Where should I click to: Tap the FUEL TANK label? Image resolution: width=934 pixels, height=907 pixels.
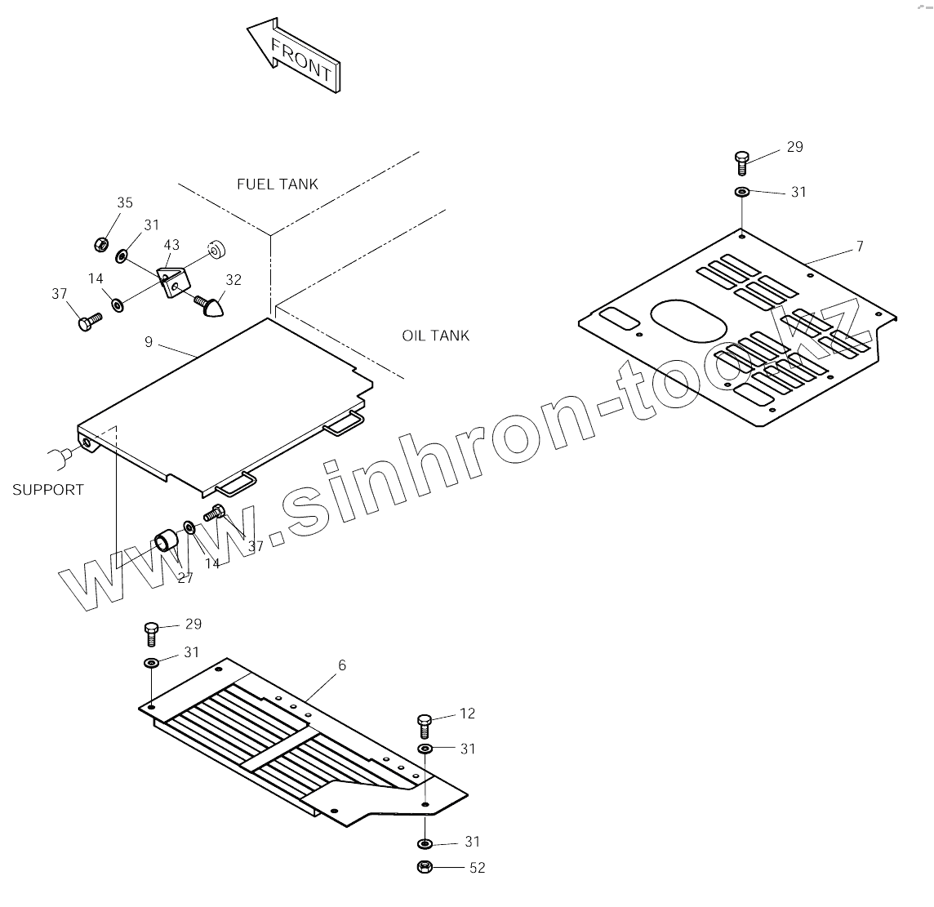click(278, 185)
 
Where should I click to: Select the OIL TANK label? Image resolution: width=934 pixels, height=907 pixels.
click(435, 336)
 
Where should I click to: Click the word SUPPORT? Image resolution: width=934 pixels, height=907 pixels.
click(47, 490)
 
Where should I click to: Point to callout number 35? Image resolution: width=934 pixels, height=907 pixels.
click(124, 203)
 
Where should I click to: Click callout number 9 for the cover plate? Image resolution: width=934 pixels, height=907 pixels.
click(149, 342)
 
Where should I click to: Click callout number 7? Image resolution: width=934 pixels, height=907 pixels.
click(859, 247)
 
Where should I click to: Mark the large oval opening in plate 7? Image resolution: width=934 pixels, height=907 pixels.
click(687, 320)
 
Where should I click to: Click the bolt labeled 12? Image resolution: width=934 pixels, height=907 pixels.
click(425, 723)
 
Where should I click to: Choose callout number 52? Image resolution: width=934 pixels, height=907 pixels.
click(477, 867)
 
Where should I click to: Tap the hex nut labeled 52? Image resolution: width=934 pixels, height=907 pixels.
click(425, 867)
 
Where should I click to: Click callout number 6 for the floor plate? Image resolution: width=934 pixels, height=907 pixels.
click(342, 665)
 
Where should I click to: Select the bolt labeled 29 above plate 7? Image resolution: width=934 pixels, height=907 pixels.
click(741, 161)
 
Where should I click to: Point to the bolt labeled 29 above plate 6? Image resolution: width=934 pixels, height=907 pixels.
click(151, 634)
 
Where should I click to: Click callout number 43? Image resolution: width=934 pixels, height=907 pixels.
click(171, 245)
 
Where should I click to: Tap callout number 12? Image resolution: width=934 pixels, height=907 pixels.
click(467, 714)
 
